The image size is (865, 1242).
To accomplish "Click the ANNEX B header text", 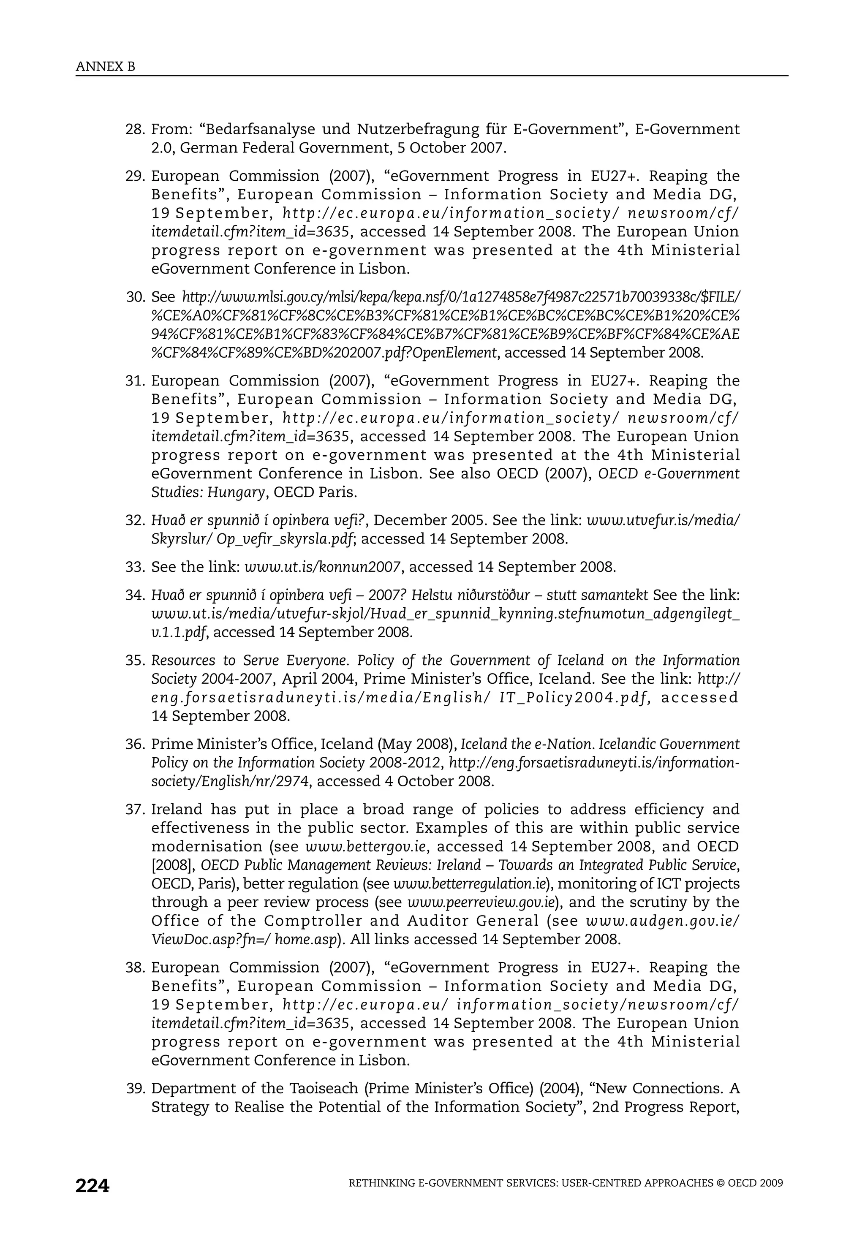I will (x=106, y=67).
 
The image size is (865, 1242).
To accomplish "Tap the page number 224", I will (x=92, y=1186).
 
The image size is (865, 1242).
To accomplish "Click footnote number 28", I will (x=135, y=129).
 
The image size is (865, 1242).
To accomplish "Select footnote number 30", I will (x=135, y=297).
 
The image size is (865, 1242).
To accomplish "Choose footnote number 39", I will (x=135, y=1088).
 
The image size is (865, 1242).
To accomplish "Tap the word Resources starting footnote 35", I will (x=181, y=660).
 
